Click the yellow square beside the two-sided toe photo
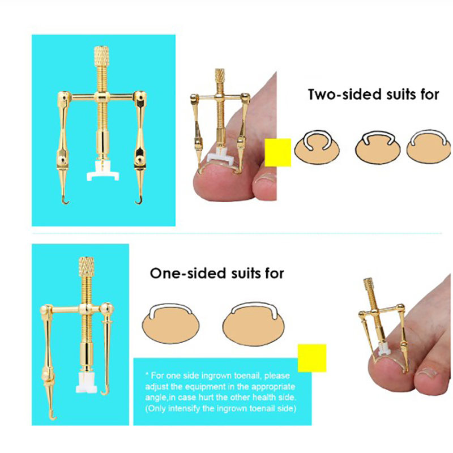pos(277,152)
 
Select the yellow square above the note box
pos(312,358)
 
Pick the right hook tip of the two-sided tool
pos(139,201)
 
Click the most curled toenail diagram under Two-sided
pos(317,147)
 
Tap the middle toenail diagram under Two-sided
pos(378,147)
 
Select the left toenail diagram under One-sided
pos(170,323)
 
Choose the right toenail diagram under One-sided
pos(253,323)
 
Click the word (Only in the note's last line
pos(155,408)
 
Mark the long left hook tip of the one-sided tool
pos(53,416)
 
